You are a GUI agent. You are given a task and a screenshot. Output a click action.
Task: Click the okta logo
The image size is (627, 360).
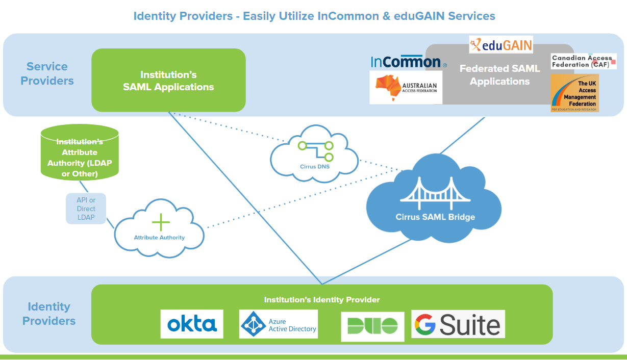pos(192,324)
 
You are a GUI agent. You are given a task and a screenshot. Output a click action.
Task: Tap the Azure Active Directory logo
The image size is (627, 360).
pos(279,324)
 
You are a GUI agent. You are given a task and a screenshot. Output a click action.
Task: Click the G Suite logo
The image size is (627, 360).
pos(458,324)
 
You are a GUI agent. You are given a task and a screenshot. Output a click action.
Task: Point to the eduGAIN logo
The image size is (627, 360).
pos(501,45)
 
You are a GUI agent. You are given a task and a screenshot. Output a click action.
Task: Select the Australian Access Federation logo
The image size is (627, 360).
pos(406,87)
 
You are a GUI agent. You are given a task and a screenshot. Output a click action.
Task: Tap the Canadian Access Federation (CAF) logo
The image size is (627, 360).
pos(584,61)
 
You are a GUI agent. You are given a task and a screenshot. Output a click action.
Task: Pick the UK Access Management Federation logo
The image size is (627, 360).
pos(574,93)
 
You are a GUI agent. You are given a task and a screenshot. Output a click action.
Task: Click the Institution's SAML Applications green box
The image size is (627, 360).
pos(168,81)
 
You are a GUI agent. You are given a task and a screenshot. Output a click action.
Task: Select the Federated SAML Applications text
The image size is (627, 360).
pos(499,75)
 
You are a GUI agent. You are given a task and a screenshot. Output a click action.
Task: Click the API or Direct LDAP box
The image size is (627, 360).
pos(86,209)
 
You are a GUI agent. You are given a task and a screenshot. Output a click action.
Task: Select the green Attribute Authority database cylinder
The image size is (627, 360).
pos(80,153)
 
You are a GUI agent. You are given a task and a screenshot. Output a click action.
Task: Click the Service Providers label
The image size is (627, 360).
pos(47,73)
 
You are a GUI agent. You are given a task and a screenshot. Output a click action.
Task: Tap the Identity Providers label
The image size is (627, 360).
pos(49,314)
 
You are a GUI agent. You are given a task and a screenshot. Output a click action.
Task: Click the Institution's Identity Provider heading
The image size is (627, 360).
pos(322,300)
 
